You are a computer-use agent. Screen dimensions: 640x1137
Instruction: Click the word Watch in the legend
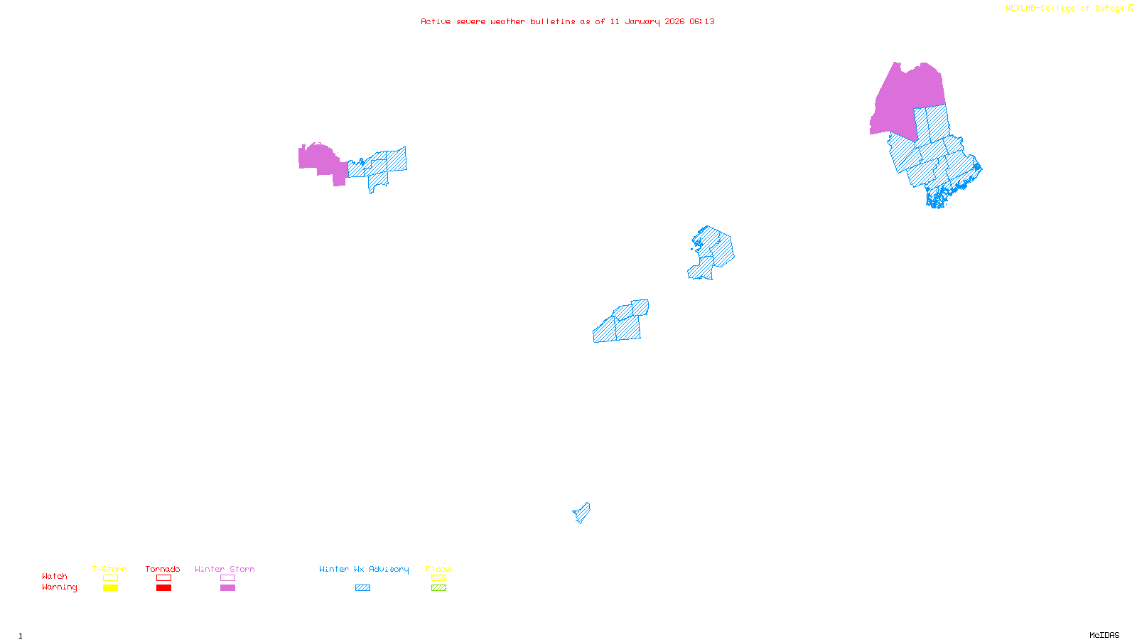point(55,577)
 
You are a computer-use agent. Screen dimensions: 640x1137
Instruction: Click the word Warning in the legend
point(60,587)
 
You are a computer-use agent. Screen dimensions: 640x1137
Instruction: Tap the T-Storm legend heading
point(109,569)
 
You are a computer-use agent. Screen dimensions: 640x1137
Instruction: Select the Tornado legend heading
point(163,569)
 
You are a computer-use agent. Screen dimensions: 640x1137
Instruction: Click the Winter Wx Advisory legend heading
point(364,569)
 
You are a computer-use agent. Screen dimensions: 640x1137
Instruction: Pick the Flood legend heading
point(438,569)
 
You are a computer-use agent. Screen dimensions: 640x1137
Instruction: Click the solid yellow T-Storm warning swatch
point(110,588)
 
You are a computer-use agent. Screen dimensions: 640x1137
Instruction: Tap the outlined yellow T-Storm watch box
point(110,578)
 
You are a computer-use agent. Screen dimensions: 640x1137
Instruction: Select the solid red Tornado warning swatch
point(164,588)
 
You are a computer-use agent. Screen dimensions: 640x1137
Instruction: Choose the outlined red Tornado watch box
point(164,578)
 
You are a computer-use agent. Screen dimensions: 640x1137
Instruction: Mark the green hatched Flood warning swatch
point(439,588)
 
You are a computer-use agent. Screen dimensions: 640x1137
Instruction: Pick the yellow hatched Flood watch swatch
point(439,578)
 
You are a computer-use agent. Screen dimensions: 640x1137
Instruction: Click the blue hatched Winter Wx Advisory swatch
point(362,588)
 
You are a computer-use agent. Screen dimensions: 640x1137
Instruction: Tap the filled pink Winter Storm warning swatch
point(227,588)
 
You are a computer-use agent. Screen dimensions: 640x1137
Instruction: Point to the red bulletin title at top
point(568,22)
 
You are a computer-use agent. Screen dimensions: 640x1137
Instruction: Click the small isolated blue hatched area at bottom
point(582,513)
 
